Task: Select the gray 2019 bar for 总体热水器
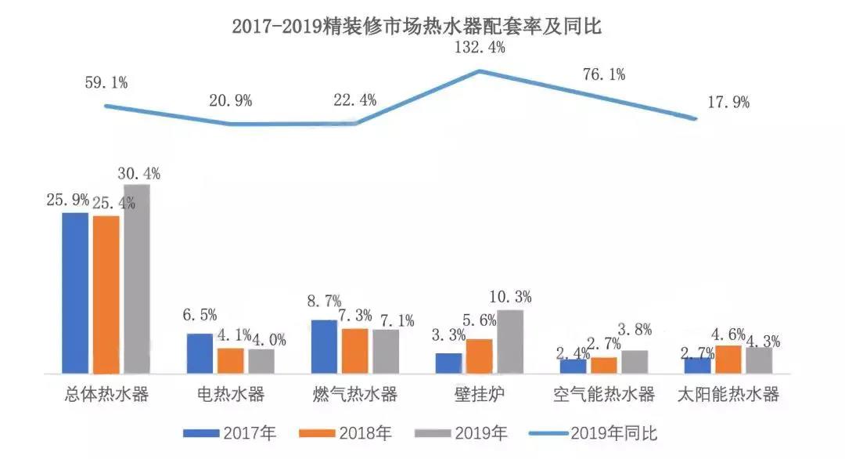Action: tap(136, 279)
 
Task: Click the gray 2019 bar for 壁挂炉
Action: tap(509, 342)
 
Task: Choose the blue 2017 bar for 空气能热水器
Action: tap(573, 366)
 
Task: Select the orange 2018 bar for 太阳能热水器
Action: tap(728, 359)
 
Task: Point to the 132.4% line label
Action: tap(480, 49)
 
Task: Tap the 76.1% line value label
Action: tap(603, 75)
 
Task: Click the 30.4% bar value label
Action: tap(138, 173)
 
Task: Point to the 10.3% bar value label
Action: tap(509, 297)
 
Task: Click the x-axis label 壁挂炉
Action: tap(480, 394)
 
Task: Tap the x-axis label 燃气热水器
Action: tap(354, 394)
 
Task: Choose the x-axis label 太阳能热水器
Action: tap(728, 394)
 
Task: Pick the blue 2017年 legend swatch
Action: tap(201, 432)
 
